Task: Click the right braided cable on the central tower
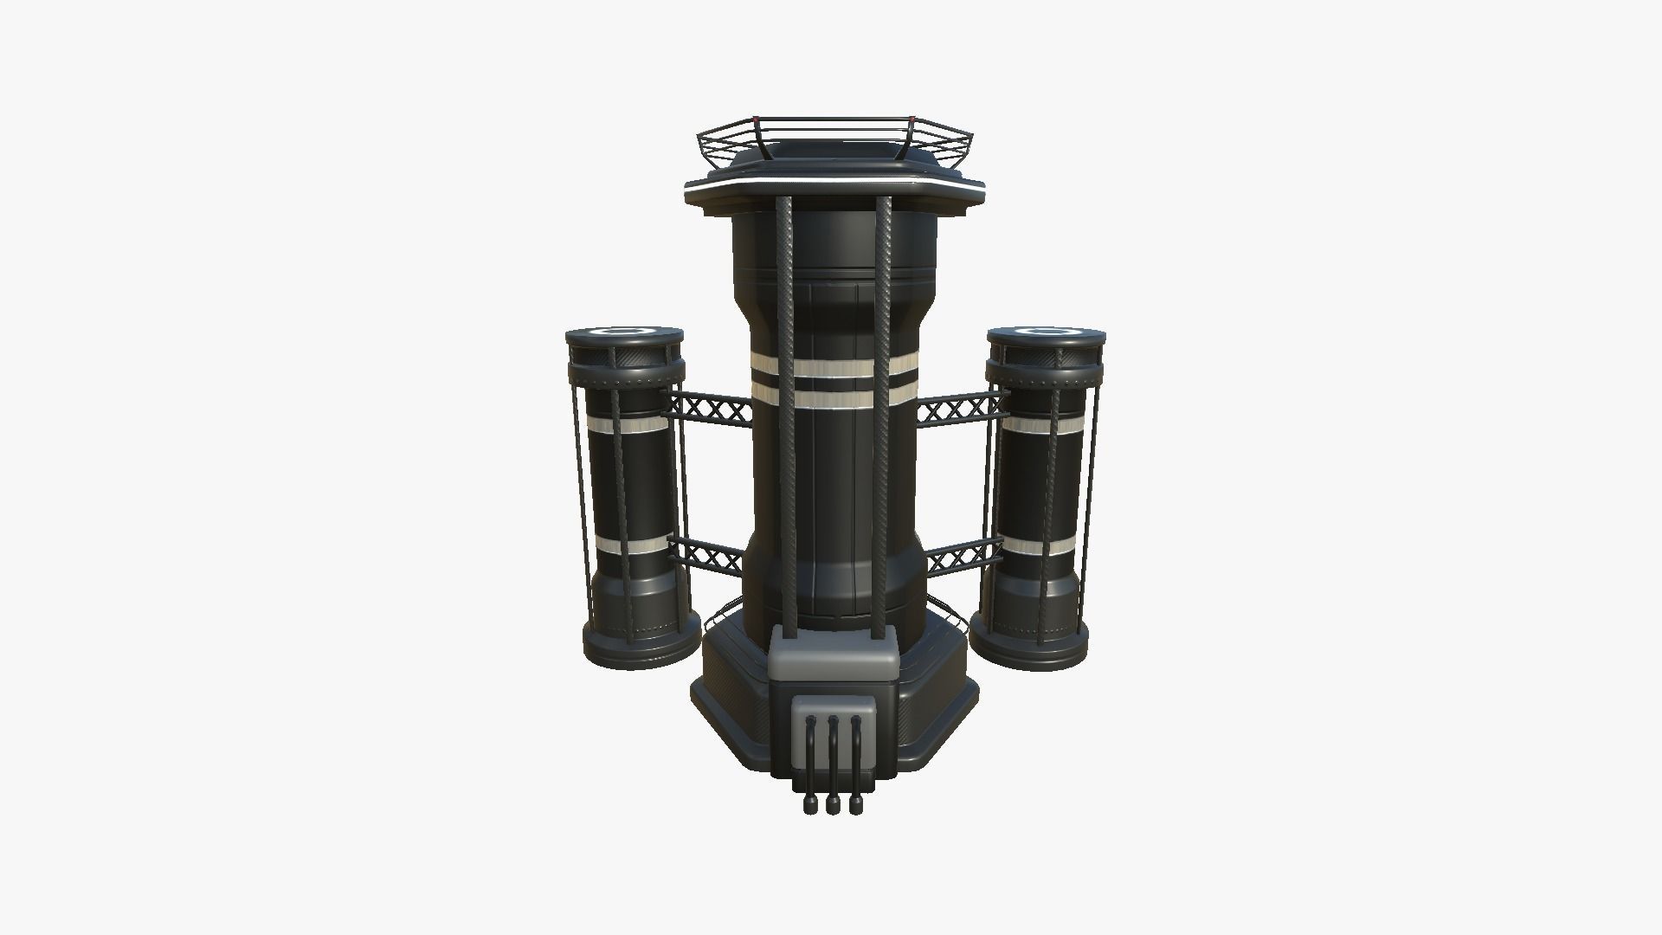coord(884,390)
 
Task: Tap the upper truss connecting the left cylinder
coord(710,407)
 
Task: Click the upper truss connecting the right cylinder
coord(961,407)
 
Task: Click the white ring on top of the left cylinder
coord(621,331)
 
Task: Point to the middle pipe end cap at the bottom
coord(834,806)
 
